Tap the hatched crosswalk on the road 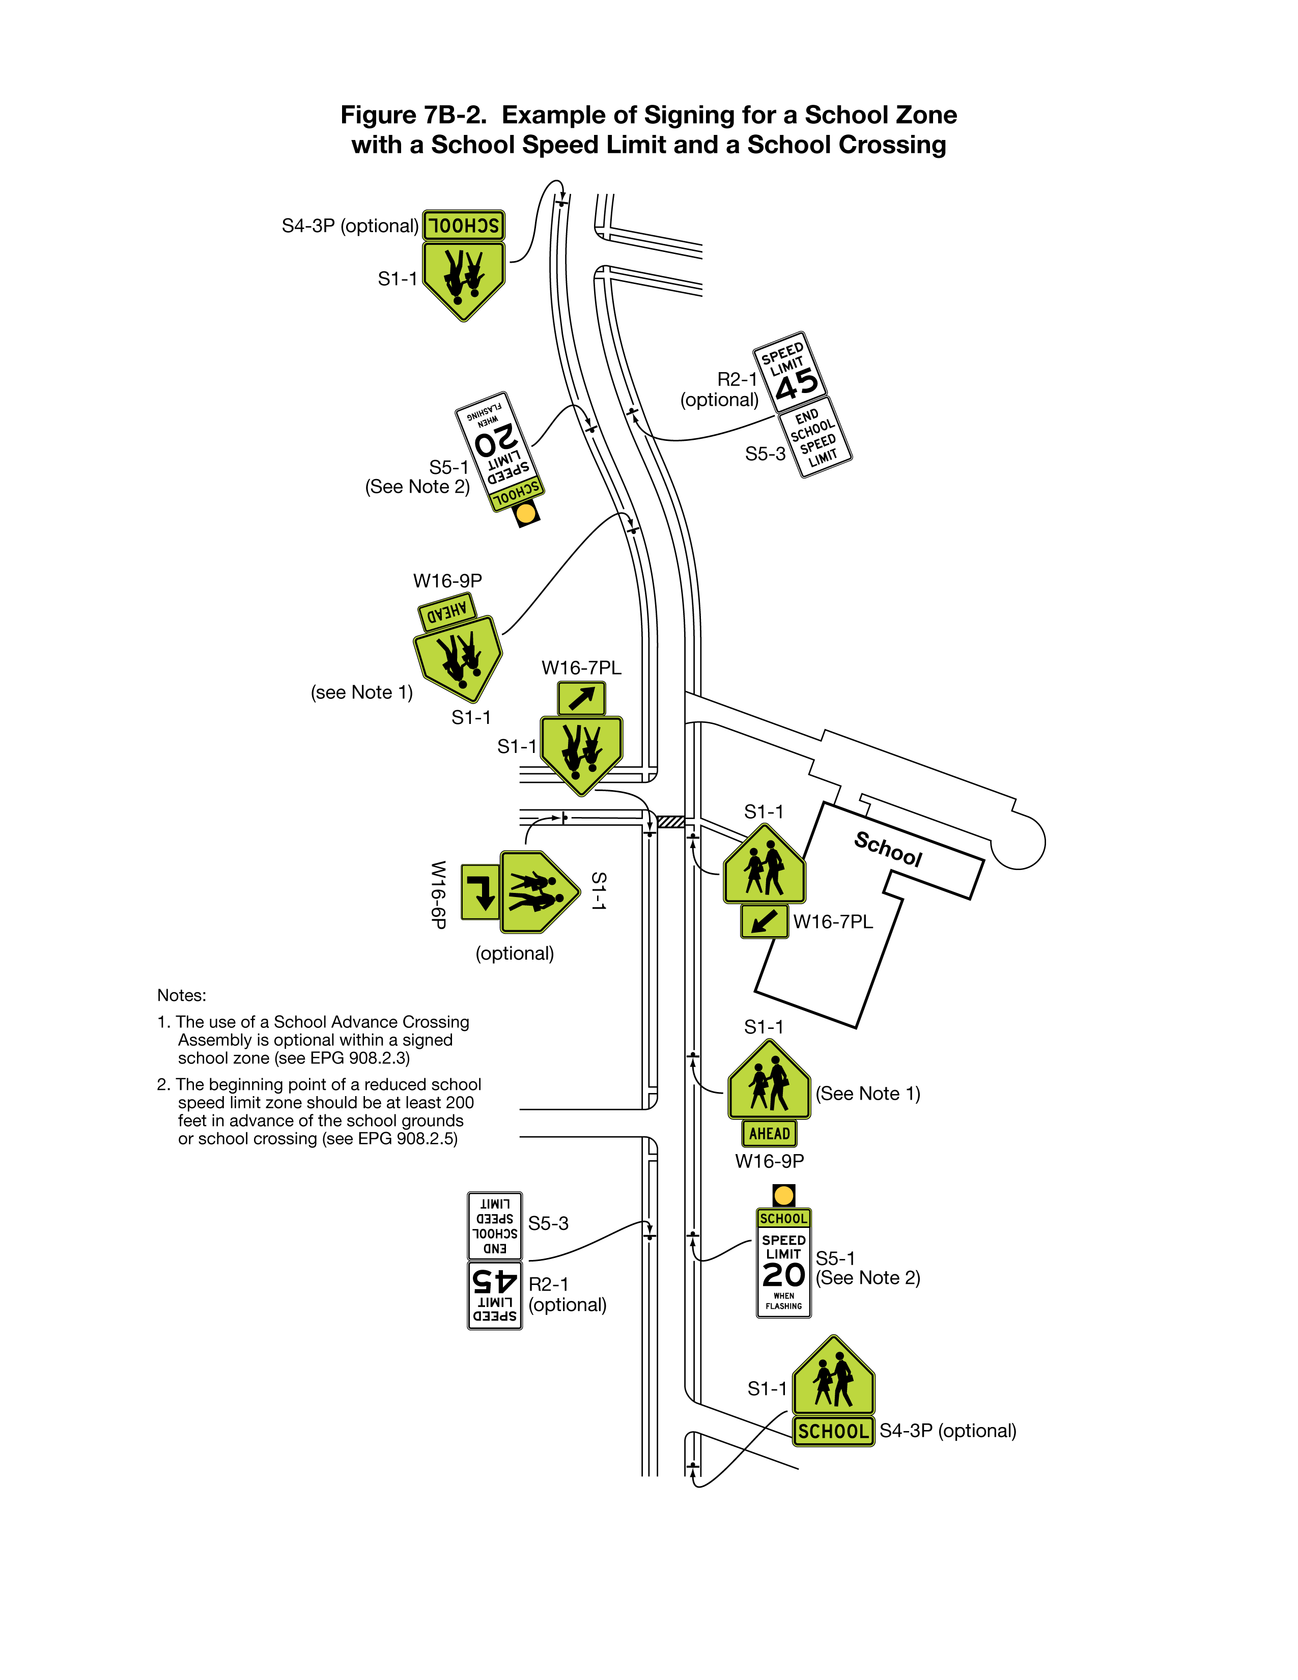(670, 822)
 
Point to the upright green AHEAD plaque (769, 1133)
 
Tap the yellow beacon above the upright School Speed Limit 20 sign (783, 1195)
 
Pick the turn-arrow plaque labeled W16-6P (480, 891)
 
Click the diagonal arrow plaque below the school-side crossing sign (765, 921)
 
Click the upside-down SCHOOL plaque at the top (463, 226)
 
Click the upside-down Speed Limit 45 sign (494, 1295)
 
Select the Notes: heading (182, 995)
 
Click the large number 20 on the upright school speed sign (783, 1275)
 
